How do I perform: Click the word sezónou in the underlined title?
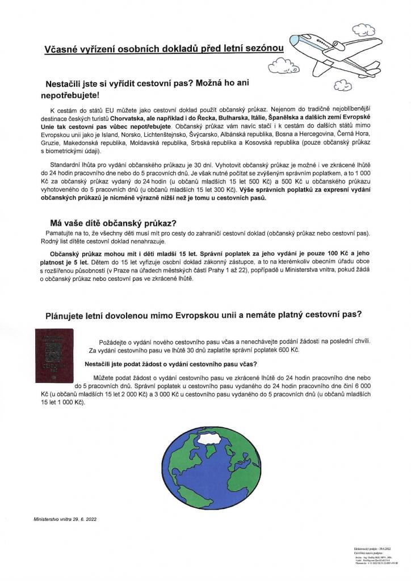tap(263, 49)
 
